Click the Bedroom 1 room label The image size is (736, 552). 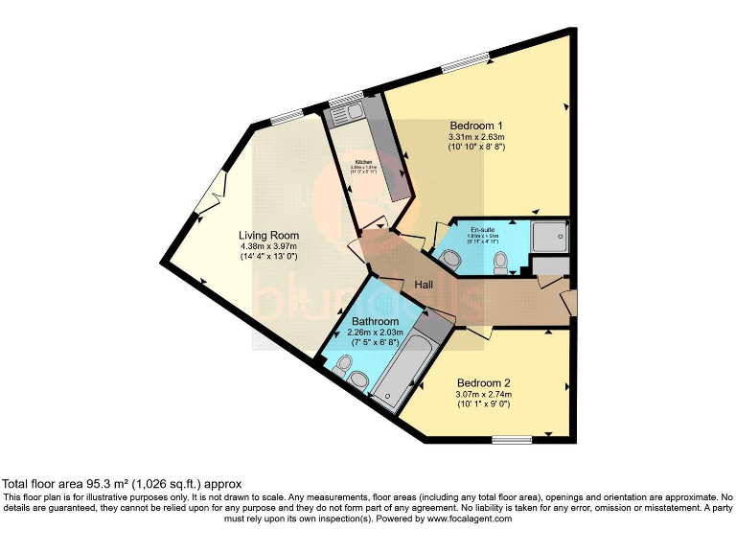tap(476, 126)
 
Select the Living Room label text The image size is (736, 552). tap(268, 235)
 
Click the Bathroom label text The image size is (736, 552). tap(375, 321)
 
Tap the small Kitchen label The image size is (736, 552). tap(364, 161)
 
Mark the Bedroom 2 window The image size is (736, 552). tap(512, 440)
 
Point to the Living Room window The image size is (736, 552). tap(285, 119)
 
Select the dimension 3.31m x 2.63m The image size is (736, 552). tap(476, 138)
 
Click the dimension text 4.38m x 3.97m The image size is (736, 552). tap(268, 246)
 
